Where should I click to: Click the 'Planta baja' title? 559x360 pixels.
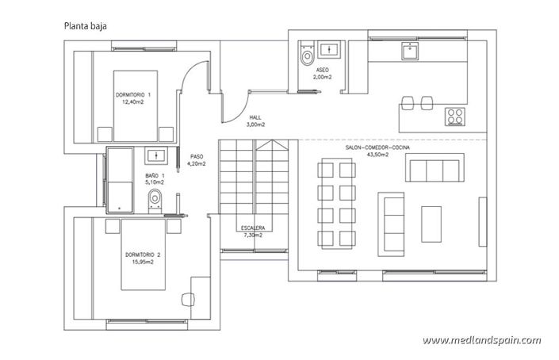[x=86, y=25]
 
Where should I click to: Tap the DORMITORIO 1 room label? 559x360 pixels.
[x=132, y=98]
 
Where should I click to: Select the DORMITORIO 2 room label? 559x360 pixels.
[x=143, y=258]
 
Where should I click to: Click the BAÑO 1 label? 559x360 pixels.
[x=155, y=178]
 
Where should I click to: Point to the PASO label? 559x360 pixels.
[x=196, y=160]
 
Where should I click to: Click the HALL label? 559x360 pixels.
[x=255, y=121]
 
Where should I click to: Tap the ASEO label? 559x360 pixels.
[x=321, y=75]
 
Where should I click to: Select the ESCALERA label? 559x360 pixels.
[x=252, y=232]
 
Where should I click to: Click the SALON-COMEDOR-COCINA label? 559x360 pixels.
[x=377, y=150]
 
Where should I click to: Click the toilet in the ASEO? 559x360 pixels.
[x=306, y=56]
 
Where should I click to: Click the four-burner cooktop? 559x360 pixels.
[x=455, y=116]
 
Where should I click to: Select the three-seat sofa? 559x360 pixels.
[x=432, y=170]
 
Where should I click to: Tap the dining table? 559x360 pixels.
[x=335, y=204]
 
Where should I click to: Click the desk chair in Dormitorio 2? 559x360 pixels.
[x=189, y=300]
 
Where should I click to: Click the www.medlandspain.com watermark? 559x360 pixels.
[x=481, y=340]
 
